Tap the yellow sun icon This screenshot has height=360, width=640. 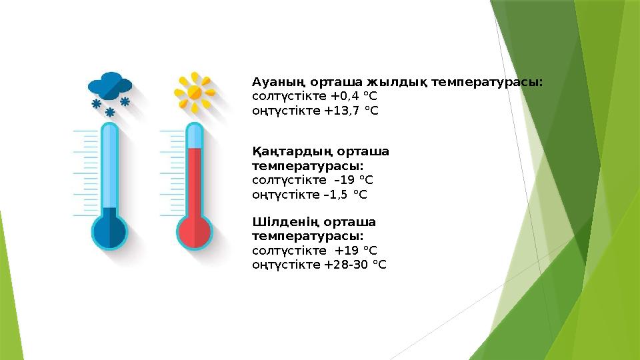click(x=194, y=91)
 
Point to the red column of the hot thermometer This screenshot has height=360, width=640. click(x=194, y=180)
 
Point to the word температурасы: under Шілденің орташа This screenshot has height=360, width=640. click(x=308, y=236)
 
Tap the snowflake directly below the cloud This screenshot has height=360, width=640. click(x=110, y=111)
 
